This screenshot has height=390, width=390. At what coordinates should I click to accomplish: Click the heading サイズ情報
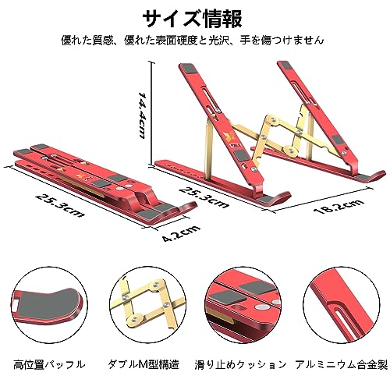pos(193,19)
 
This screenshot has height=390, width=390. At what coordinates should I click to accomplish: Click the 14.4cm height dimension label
pos(143,115)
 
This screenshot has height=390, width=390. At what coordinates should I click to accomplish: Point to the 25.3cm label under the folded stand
pos(60,204)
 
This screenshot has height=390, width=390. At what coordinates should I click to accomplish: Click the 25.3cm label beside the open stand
pos(204,197)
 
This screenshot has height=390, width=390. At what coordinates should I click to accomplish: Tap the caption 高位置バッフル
pos(49,364)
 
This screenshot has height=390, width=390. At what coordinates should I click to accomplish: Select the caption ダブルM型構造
pos(144,364)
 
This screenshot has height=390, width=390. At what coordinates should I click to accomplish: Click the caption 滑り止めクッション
pos(241,364)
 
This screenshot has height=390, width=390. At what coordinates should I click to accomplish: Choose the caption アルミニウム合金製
pos(341,364)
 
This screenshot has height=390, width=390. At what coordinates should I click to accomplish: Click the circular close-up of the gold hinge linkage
pos(147,305)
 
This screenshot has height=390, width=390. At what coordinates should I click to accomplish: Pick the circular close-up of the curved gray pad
pos(50,305)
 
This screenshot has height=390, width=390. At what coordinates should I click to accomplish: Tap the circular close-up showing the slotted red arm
pos(342,305)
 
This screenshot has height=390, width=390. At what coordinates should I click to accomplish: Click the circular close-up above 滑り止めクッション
pos(244,305)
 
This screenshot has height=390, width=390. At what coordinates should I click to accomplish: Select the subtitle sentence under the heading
pos(193,41)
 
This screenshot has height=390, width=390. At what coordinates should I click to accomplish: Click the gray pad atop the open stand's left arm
pos(189,69)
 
